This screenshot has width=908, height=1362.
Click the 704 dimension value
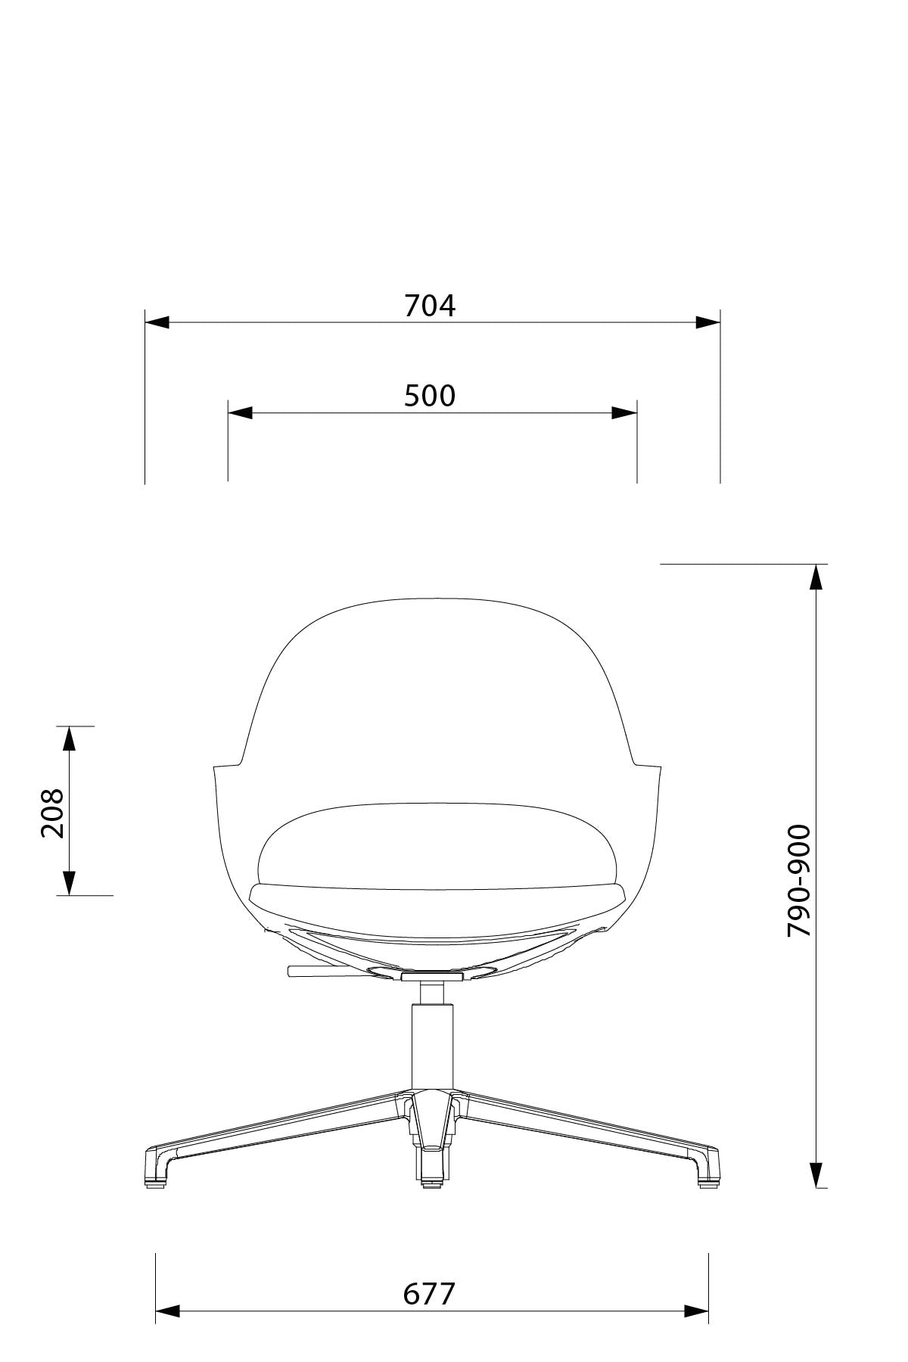point(430,306)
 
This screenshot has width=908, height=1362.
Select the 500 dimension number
point(430,396)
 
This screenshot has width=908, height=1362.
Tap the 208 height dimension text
point(52,813)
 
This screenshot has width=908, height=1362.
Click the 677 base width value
point(430,1294)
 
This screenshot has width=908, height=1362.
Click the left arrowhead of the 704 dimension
point(157,323)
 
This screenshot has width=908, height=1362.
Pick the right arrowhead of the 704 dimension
point(707,323)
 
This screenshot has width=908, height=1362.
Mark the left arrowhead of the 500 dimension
point(241,413)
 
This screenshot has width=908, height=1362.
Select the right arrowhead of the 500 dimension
point(624,413)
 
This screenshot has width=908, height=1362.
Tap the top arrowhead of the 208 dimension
point(69,739)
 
